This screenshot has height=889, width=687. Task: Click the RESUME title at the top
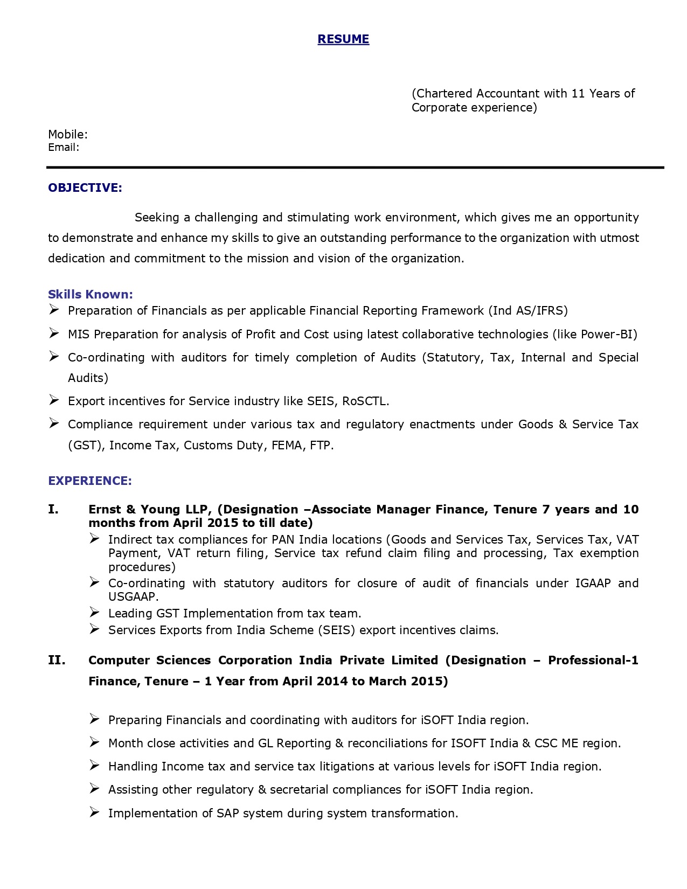tap(343, 39)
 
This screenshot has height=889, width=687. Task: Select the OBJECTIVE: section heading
tap(85, 187)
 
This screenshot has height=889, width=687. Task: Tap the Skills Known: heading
tap(90, 294)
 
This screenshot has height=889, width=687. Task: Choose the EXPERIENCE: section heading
tap(90, 481)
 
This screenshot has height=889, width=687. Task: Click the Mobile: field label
tap(68, 134)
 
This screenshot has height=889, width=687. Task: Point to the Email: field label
tap(64, 148)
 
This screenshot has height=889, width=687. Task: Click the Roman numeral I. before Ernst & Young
tap(53, 510)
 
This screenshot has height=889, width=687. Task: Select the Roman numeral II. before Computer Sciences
tap(57, 661)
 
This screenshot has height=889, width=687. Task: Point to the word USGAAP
tap(132, 597)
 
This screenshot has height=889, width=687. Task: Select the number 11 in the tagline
tap(578, 94)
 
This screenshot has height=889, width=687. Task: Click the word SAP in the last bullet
tap(228, 814)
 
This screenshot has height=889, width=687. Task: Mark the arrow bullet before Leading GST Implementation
tap(95, 613)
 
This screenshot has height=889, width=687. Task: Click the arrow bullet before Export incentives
tap(54, 400)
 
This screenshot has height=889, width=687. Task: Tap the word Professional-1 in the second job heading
tap(593, 661)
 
